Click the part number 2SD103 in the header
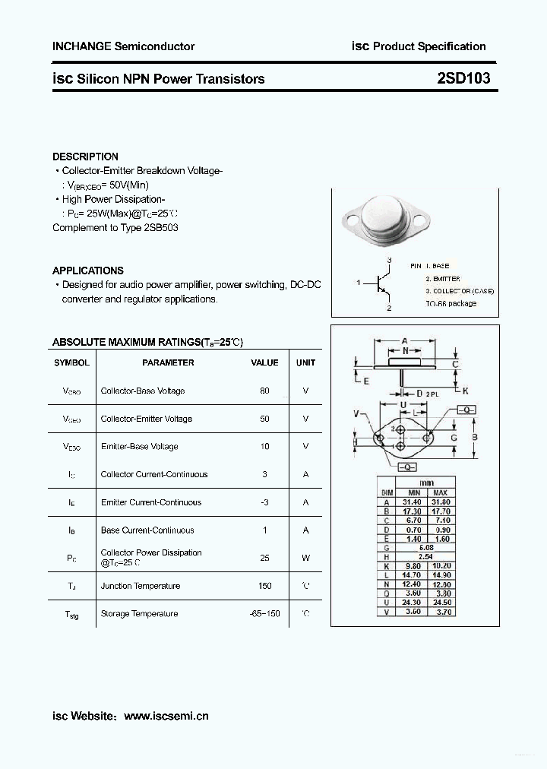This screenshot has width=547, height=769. [463, 78]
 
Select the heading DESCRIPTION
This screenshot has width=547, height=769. [85, 157]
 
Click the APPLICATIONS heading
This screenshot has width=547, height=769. [87, 271]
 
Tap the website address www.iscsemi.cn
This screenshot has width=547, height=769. [166, 716]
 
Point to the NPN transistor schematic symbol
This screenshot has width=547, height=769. [382, 283]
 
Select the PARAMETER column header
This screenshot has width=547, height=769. [168, 362]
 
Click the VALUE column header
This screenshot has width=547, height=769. [264, 362]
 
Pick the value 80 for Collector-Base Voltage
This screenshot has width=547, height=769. [264, 391]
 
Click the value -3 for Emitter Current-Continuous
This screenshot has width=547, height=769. [264, 502]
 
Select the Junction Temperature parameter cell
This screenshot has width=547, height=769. [141, 586]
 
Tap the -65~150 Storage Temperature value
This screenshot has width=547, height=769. [264, 614]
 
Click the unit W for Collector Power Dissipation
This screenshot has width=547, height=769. [305, 558]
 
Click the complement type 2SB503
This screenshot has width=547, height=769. [160, 228]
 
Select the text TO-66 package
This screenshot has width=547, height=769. [451, 303]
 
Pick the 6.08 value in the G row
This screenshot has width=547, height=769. [425, 546]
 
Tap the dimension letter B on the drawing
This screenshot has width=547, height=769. [474, 437]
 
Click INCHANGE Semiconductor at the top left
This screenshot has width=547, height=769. [123, 46]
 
